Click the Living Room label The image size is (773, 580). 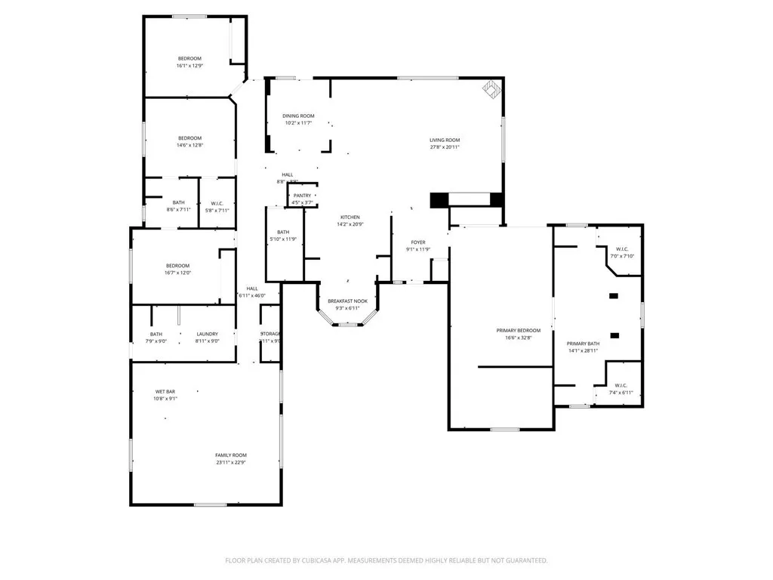pos(445,140)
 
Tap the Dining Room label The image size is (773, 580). pos(299,116)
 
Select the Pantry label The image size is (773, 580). pos(302,196)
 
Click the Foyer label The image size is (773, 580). pos(418,242)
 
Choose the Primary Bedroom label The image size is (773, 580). pos(518,330)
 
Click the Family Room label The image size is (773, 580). pos(231,455)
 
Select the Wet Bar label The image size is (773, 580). pos(166,391)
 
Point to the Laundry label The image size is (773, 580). pos(208,334)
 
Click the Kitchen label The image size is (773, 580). pos(350,217)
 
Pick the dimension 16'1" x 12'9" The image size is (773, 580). pos(189,66)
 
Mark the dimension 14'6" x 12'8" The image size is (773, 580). pos(189,145)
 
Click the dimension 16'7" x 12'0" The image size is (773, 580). pos(178,273)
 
